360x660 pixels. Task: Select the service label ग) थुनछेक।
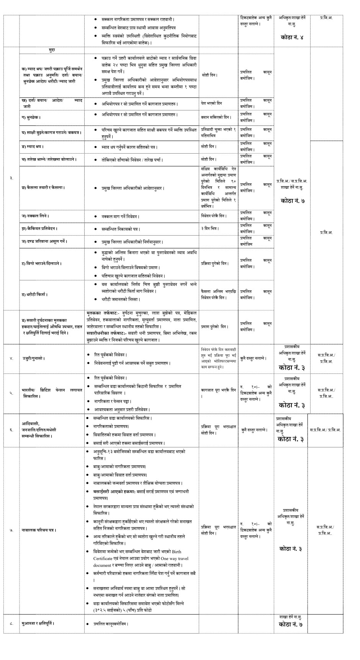32,116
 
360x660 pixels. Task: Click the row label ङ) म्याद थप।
33,147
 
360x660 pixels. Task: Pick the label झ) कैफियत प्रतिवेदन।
40,228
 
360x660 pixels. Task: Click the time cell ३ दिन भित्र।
209,228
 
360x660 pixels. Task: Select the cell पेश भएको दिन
211,103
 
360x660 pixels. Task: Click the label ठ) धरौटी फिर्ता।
36,295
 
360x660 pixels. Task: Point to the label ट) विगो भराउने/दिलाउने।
42,264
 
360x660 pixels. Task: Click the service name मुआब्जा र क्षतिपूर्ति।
38,623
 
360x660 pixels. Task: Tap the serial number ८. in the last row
11,623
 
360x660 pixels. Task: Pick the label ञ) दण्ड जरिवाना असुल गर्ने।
45,241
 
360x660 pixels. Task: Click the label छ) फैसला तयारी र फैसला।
43,188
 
